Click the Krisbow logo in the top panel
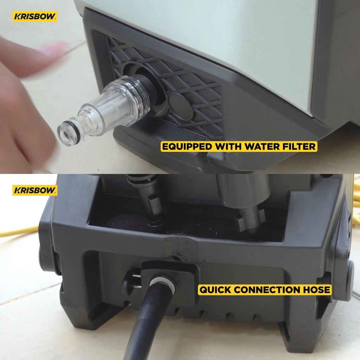pos(35,17)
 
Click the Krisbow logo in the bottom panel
pos(35,190)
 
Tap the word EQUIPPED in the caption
pos(187,147)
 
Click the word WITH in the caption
pos(228,147)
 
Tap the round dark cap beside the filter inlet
pos(181,106)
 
